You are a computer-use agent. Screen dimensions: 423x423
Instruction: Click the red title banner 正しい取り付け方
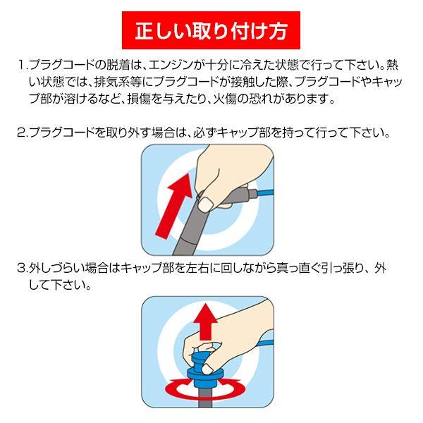point(211,30)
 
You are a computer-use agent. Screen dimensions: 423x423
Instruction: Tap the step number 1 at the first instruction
point(21,66)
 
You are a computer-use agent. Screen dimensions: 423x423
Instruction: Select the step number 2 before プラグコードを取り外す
point(21,133)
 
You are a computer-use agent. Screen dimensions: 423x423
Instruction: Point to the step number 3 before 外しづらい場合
point(21,269)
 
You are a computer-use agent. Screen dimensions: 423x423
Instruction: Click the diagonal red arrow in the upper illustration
point(175,206)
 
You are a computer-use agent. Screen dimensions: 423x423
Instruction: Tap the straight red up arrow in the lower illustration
point(207,321)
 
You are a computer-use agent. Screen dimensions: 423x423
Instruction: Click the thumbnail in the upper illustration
point(205,204)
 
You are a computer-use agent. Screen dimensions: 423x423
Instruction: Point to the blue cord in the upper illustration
point(266,192)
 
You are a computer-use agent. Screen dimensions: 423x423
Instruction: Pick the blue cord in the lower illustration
point(266,343)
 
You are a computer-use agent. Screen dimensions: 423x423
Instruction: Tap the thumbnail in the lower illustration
point(207,368)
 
